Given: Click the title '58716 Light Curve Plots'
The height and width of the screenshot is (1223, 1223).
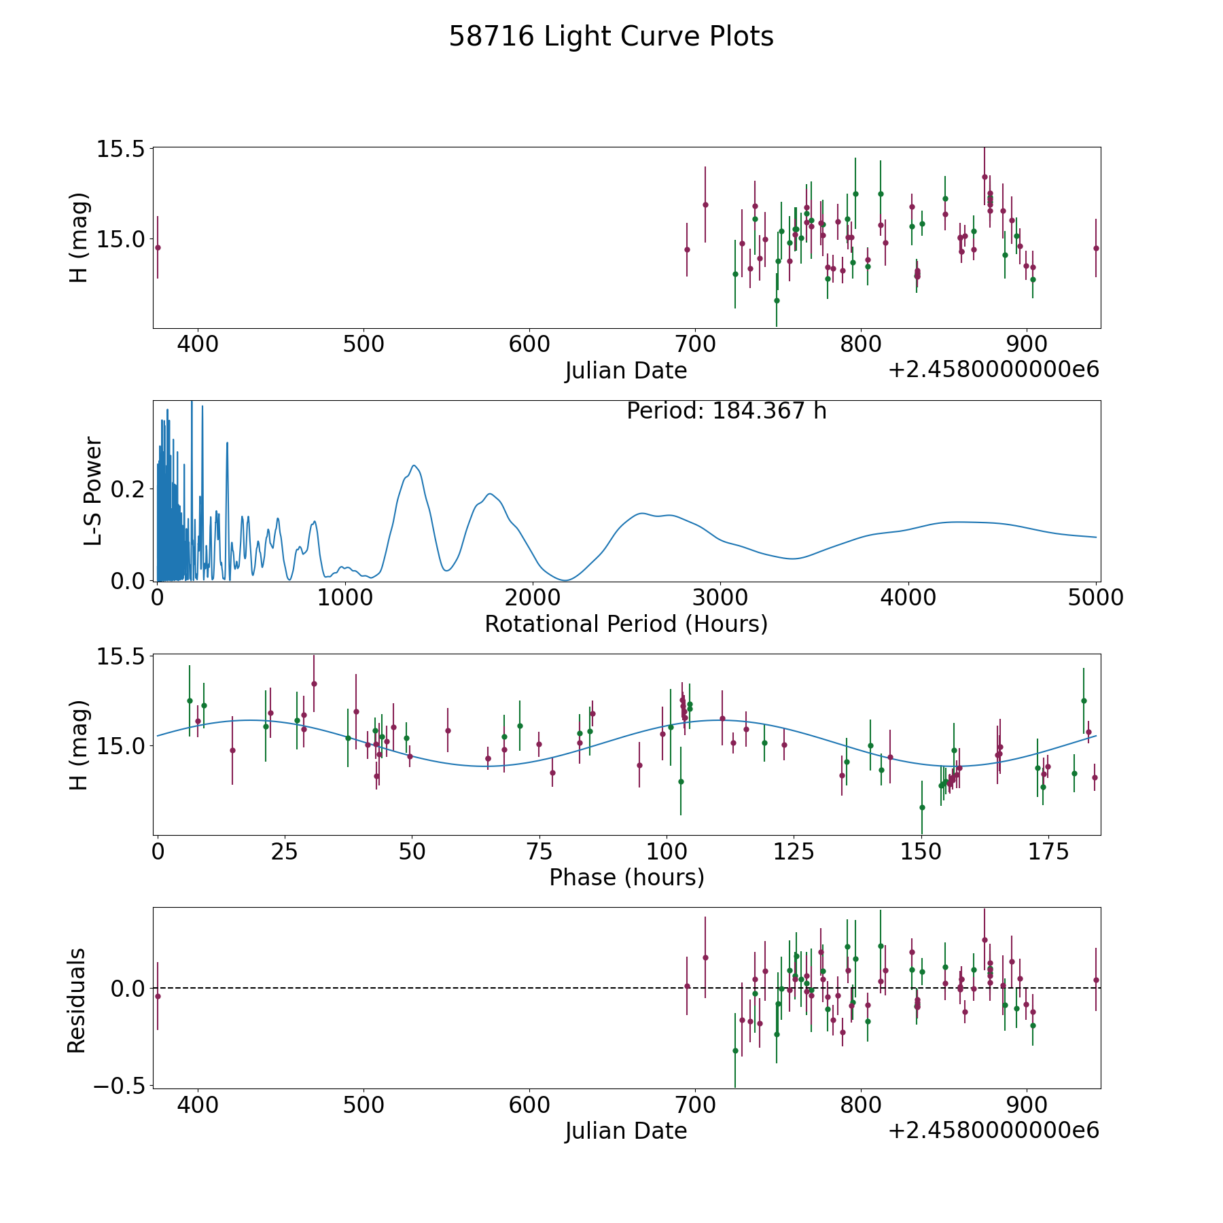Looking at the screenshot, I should pyautogui.click(x=611, y=37).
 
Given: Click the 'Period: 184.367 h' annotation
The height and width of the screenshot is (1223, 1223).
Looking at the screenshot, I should pyautogui.click(x=726, y=411).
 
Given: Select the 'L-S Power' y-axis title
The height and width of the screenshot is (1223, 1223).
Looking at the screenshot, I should pyautogui.click(x=93, y=491).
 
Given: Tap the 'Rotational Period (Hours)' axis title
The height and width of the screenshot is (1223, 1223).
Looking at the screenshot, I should pyautogui.click(x=626, y=624).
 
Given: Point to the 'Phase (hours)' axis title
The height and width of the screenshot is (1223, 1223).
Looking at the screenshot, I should pyautogui.click(x=626, y=877).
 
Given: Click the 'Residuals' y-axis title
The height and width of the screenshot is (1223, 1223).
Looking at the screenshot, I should pyautogui.click(x=77, y=1000).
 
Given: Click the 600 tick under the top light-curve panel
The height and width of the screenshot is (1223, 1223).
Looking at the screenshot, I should pyautogui.click(x=529, y=344).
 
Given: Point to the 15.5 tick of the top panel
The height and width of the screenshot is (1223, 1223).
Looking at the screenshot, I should pyautogui.click(x=120, y=149).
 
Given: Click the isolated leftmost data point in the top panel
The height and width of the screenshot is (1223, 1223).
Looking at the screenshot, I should pyautogui.click(x=158, y=247).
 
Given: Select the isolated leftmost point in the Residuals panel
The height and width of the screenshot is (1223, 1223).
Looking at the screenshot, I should pyautogui.click(x=158, y=996).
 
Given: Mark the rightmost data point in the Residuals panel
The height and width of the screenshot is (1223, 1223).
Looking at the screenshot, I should pyautogui.click(x=1096, y=980).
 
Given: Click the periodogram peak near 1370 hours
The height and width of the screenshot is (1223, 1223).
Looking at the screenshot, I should pyautogui.click(x=414, y=465).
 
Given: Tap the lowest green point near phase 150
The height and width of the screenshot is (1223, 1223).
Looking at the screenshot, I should pyautogui.click(x=922, y=807).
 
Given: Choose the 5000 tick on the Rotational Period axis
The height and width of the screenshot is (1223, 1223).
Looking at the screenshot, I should pyautogui.click(x=1095, y=598).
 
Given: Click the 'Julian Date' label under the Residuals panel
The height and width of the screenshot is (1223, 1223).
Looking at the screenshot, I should pyautogui.click(x=626, y=1131).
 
